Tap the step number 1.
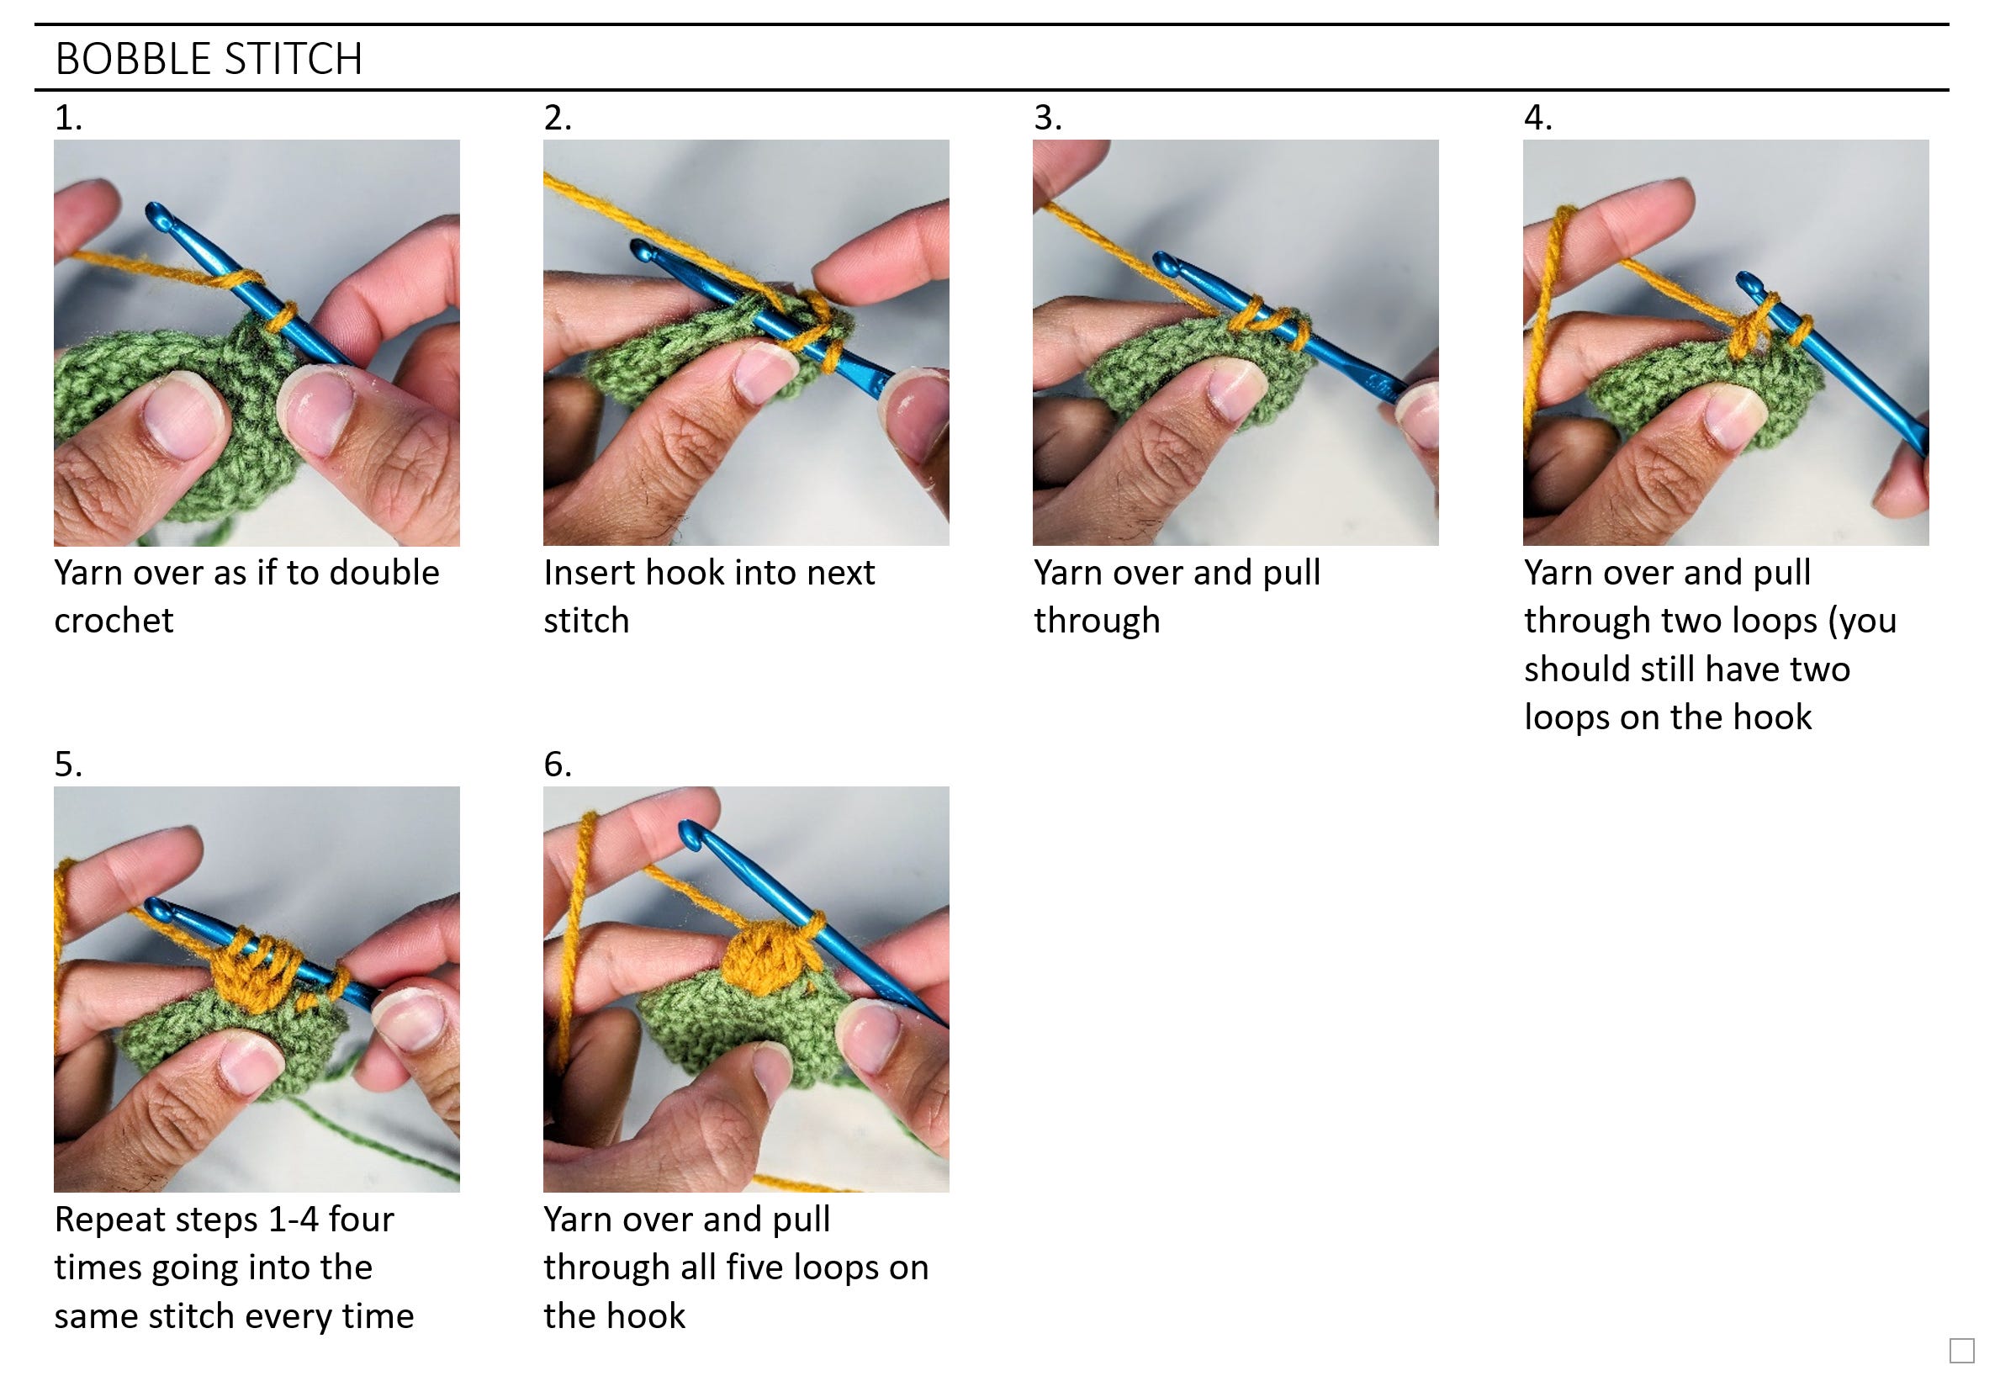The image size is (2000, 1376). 67,118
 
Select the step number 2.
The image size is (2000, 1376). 557,118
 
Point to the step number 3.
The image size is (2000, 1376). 1047,118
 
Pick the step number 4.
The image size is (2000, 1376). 1537,118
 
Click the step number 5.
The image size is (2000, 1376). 67,765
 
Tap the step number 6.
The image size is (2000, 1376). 557,765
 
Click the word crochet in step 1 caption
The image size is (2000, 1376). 114,621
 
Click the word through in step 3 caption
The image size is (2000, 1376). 1097,621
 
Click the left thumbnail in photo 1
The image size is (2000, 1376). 177,420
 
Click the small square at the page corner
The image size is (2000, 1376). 1962,1351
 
